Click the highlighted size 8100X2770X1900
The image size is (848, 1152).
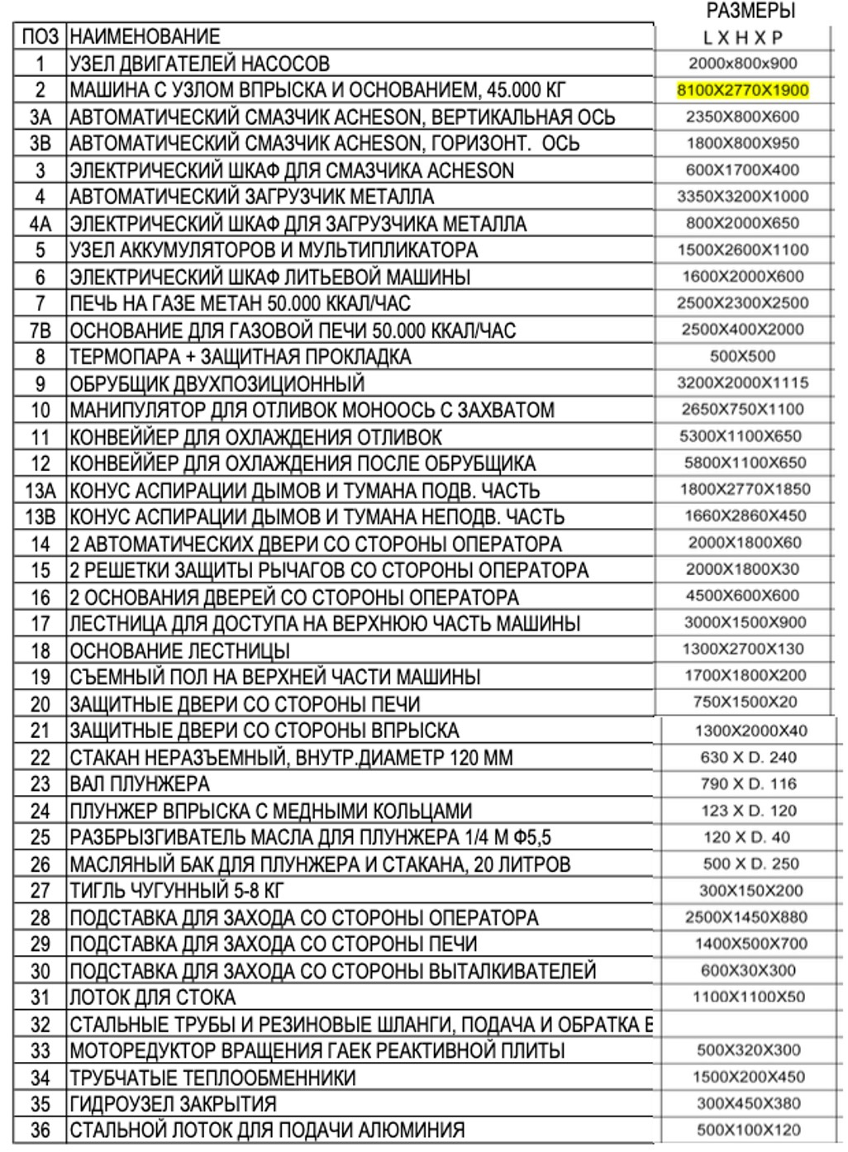pos(742,90)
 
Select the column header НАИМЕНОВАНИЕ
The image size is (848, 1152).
pos(145,36)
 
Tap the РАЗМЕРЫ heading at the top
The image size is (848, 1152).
pos(750,11)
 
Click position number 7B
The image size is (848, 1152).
pos(40,331)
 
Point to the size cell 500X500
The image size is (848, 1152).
pos(742,356)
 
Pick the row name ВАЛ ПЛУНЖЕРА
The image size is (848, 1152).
pos(140,783)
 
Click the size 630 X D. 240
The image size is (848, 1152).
pos(749,757)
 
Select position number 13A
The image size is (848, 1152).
pos(40,491)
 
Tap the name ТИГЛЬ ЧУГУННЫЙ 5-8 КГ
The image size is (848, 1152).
pos(177,891)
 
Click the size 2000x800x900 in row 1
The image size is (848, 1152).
pos(742,63)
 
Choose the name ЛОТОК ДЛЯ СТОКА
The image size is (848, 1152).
pos(152,997)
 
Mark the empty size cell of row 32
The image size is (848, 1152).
pos(749,1024)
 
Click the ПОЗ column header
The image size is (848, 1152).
pos(40,36)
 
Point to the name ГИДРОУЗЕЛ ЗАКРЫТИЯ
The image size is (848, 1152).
pos(173,1104)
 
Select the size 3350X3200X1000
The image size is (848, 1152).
pos(742,197)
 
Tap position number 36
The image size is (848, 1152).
pos(40,1131)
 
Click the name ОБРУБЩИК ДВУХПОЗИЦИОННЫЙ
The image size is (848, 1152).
pos(217,383)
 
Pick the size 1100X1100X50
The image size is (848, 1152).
pos(749,997)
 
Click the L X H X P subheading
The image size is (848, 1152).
pos(742,37)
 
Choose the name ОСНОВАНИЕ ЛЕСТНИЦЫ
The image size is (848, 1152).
pos(179,650)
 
